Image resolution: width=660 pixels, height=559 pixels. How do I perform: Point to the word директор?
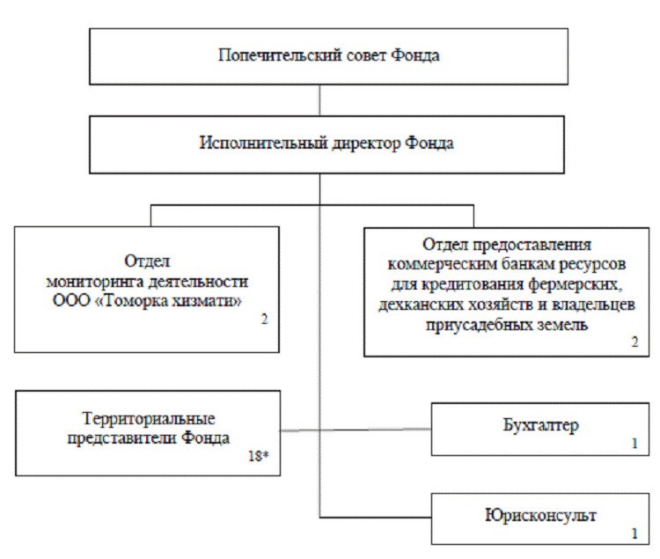[351, 143]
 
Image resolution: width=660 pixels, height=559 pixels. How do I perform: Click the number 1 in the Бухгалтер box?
[634, 444]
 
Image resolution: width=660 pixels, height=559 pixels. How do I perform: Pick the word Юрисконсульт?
[541, 515]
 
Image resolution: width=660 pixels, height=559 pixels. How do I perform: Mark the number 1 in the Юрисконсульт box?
[634, 533]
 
